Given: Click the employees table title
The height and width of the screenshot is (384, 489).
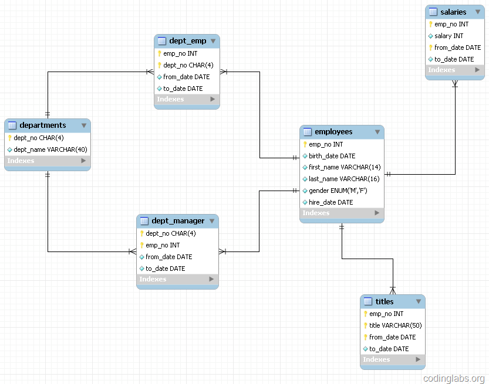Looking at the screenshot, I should pos(333,132).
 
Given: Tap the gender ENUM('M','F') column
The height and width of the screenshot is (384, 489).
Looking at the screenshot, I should pos(338,191).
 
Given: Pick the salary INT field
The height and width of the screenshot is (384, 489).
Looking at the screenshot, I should pos(448,36).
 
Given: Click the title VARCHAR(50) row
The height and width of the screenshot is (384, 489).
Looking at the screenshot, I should pos(395,325).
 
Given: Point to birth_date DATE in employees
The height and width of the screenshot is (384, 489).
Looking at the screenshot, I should pos(332,156).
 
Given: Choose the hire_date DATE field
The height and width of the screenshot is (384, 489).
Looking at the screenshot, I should pos(331,202).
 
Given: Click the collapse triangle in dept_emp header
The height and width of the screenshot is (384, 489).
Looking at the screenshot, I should pos(213,41).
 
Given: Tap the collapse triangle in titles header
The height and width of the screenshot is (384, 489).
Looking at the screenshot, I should pos(418,301).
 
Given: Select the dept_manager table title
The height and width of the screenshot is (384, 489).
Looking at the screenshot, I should pos(178,221).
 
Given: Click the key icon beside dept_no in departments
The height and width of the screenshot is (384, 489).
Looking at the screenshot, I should pos(10,138).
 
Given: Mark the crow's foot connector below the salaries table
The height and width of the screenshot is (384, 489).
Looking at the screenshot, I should pos(455,84).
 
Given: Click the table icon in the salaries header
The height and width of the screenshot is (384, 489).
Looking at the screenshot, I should pos(433,12).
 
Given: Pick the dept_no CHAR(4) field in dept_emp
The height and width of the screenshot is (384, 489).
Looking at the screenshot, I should pos(188,65).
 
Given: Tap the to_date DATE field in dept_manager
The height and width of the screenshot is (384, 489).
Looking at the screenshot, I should pos(165,269).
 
